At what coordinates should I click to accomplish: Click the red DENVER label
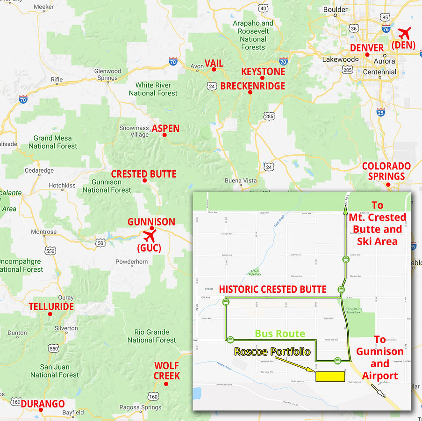[366, 48]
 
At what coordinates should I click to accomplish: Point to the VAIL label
[214, 63]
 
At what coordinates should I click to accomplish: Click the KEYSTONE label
[263, 72]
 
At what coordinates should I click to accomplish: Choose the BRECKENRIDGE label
[252, 86]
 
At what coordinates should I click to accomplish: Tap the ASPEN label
[165, 129]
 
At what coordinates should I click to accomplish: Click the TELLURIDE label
[51, 307]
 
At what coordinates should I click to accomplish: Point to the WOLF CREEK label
[167, 370]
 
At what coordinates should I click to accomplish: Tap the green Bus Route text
[280, 334]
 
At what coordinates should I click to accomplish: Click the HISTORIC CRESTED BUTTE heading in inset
[272, 289]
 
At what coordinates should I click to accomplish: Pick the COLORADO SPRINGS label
[386, 171]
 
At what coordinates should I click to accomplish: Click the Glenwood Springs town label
[107, 74]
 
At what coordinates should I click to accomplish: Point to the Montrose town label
[43, 232]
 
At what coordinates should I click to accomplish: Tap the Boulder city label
[336, 9]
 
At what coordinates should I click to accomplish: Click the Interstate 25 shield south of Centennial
[380, 112]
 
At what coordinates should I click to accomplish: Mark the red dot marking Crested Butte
[144, 181]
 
